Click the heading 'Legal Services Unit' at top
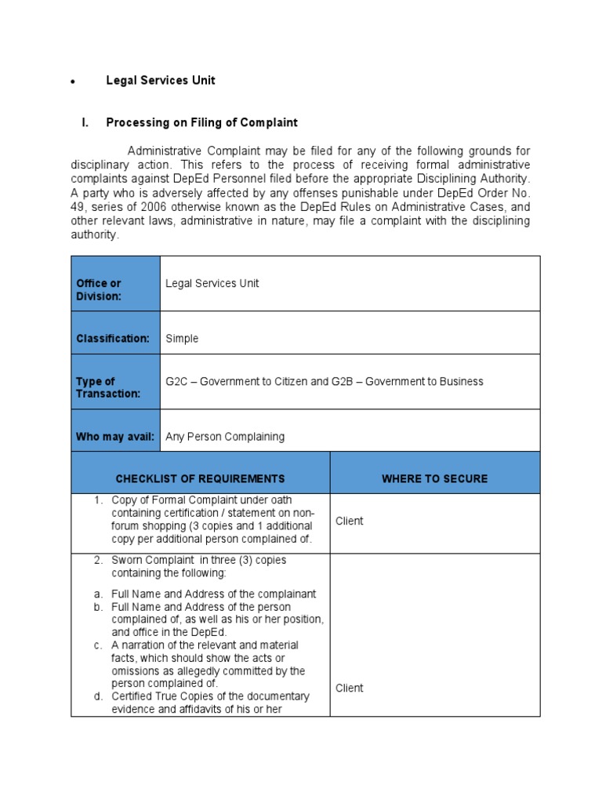pos(160,80)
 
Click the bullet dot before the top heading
pos(73,82)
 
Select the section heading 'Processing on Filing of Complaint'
pos(201,123)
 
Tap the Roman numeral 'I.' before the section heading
pos(86,123)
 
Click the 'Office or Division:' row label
pos(99,289)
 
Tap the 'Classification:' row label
pos(112,339)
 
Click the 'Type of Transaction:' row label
pos(107,387)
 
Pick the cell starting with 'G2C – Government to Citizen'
pos(325,382)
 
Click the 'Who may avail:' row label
pos(114,437)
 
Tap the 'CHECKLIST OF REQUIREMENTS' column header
pos(200,478)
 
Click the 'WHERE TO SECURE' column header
pos(434,478)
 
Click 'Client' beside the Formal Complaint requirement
pos(349,521)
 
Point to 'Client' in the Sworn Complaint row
pos(349,688)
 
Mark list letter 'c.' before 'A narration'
pos(98,645)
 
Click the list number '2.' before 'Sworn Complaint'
pos(99,561)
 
